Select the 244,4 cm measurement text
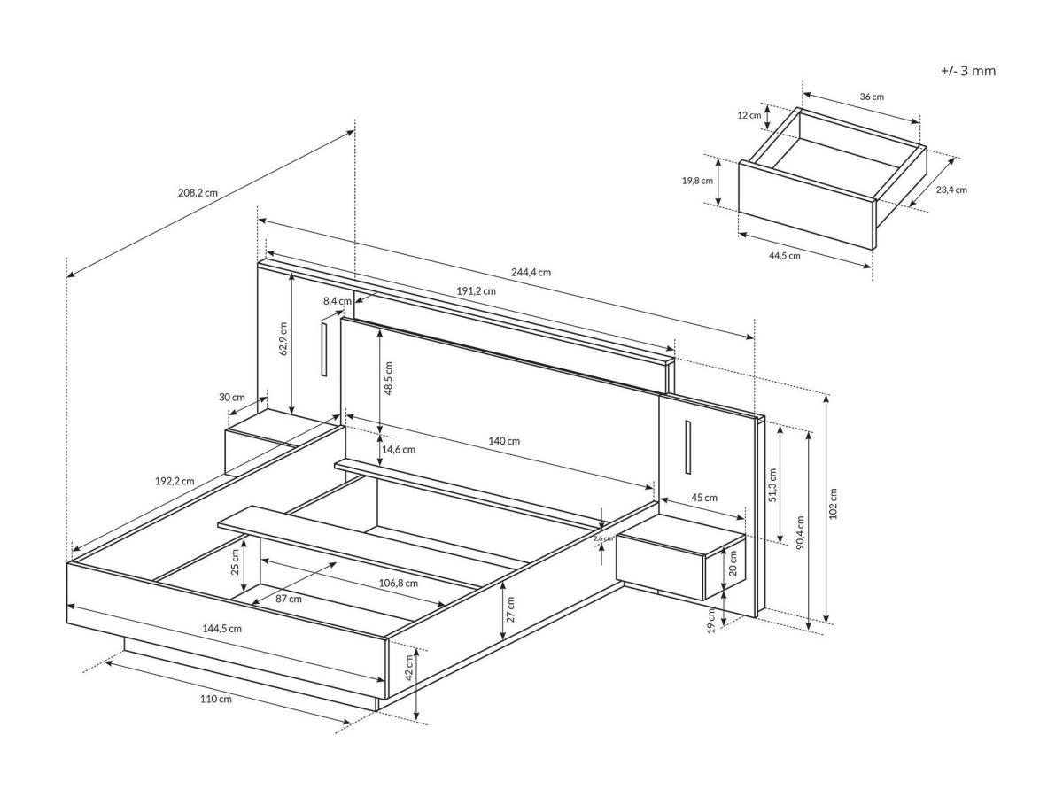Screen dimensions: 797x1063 531,272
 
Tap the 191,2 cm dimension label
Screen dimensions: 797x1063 477,290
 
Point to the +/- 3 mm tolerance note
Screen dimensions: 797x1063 968,71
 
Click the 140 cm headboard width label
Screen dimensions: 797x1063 503,441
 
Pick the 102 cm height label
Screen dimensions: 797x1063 833,505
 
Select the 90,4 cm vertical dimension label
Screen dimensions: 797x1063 801,533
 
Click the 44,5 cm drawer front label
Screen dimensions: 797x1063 784,255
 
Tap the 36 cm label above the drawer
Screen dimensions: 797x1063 872,97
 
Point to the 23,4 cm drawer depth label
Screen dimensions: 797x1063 950,190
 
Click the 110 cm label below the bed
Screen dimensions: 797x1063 216,700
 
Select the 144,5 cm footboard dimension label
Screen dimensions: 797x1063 221,628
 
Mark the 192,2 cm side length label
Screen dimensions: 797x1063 175,481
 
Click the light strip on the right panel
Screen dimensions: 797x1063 687,447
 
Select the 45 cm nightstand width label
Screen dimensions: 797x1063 704,498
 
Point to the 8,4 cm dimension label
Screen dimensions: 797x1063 337,301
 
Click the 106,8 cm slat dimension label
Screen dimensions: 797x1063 398,583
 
